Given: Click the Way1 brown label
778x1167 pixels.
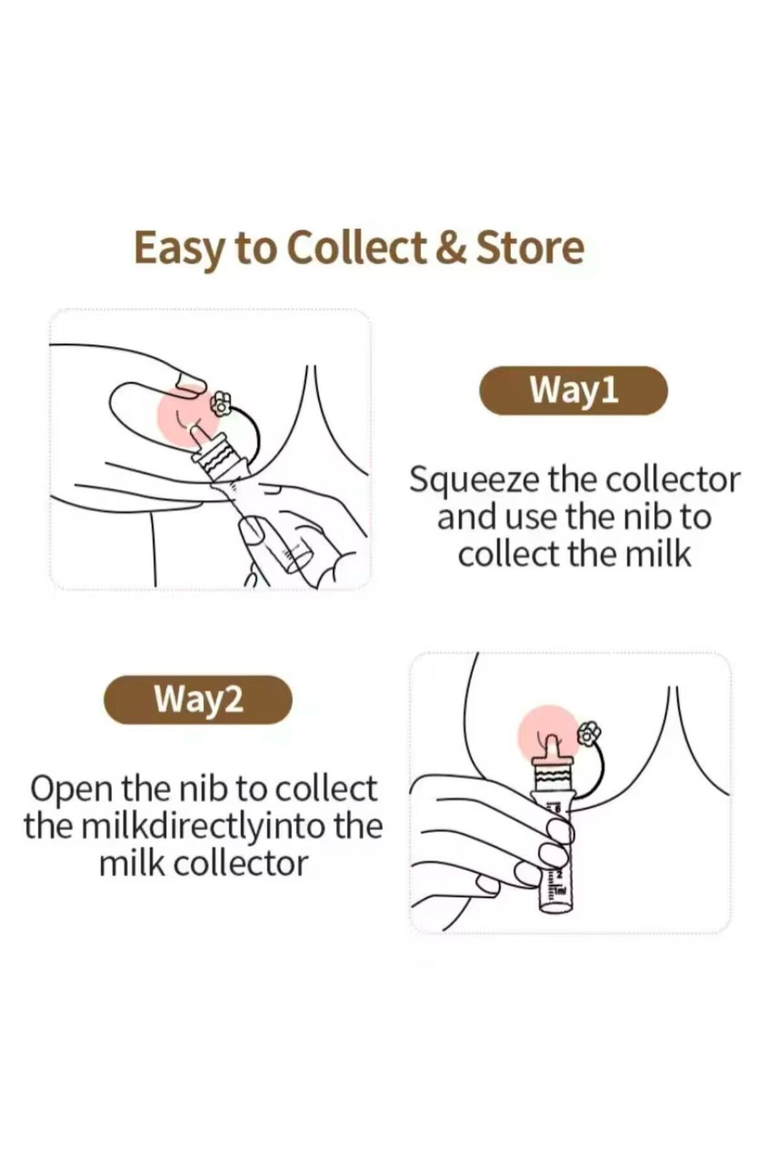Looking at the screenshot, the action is [x=573, y=390].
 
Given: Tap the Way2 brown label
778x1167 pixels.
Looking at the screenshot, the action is [x=198, y=700].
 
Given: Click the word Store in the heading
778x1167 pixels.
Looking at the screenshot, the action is [x=530, y=248].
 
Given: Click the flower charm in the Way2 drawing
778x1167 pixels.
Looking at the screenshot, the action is [x=589, y=734].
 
